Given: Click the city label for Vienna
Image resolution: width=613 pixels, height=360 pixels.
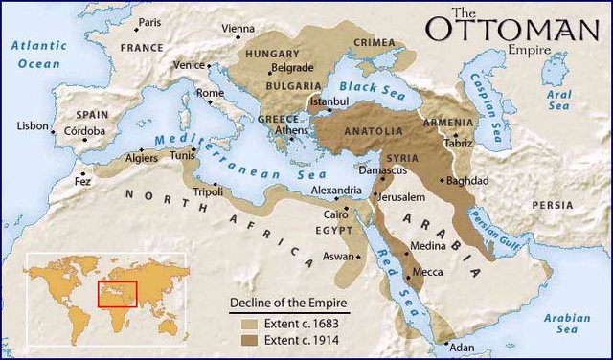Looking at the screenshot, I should point(238,29).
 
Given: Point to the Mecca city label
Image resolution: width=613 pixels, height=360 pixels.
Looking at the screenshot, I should point(427,272).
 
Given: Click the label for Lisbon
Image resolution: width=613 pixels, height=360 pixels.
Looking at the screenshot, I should point(32,125).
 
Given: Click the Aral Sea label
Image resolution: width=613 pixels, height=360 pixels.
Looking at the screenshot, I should point(559,101).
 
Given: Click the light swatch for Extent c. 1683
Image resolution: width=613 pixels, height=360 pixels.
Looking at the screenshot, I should point(249,324).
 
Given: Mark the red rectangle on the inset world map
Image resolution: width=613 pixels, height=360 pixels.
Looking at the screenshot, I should point(118,294).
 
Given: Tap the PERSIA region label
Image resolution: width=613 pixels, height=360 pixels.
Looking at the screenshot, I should point(553,205).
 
